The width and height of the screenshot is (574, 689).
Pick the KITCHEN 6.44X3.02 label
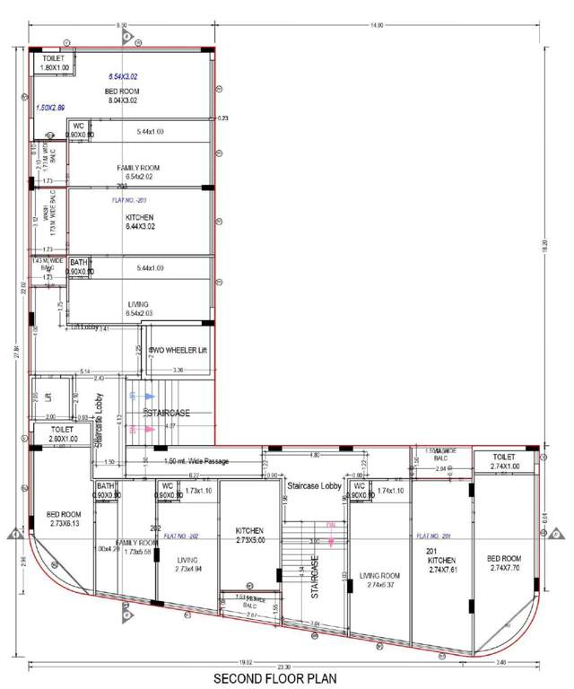pyautogui.click(x=140, y=222)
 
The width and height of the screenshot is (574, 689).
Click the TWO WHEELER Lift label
pyautogui.click(x=178, y=350)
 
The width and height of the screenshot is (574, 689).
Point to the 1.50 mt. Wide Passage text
pyautogui.click(x=196, y=461)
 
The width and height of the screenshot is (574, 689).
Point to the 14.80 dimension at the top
pyautogui.click(x=377, y=25)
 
